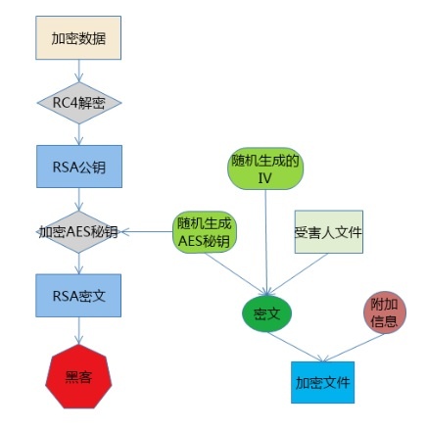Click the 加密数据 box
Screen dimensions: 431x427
point(78,38)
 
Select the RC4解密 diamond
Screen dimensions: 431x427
point(78,102)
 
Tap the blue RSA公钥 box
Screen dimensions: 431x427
point(78,166)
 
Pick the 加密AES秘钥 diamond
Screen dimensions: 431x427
point(78,232)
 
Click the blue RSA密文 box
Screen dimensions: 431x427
point(78,295)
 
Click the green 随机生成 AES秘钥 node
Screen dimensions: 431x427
point(205,231)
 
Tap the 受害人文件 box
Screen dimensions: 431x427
point(328,232)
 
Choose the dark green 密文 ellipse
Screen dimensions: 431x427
point(266,313)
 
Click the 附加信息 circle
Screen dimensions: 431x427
point(384,312)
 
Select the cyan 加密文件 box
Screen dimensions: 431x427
point(322,382)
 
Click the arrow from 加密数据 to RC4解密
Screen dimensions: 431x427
point(78,72)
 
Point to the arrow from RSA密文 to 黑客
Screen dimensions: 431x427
point(78,329)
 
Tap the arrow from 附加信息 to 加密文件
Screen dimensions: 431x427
point(353,347)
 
